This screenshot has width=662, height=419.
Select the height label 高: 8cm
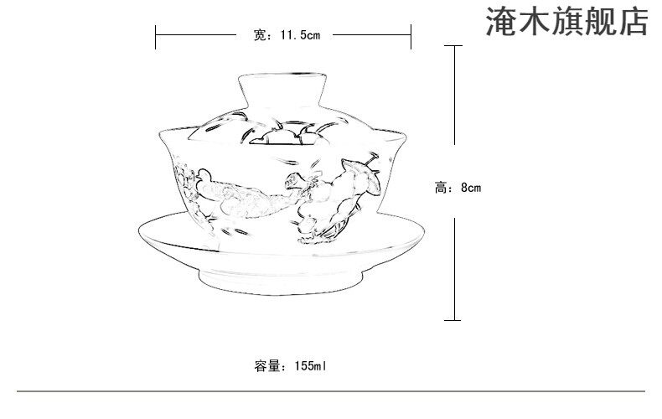coord(458,189)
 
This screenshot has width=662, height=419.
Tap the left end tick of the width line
coord(157,35)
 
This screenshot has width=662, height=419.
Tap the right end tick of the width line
coord(411,35)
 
